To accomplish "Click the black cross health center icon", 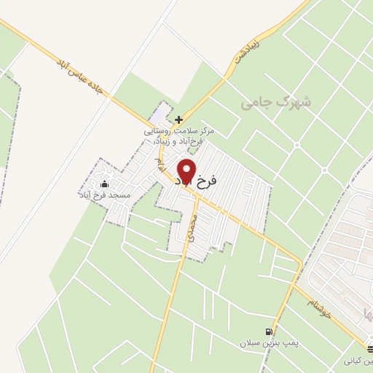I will (178, 119).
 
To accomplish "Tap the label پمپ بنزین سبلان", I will (264, 342).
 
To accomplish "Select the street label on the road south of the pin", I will (190, 227).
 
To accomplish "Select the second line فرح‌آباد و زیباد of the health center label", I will (179, 141).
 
